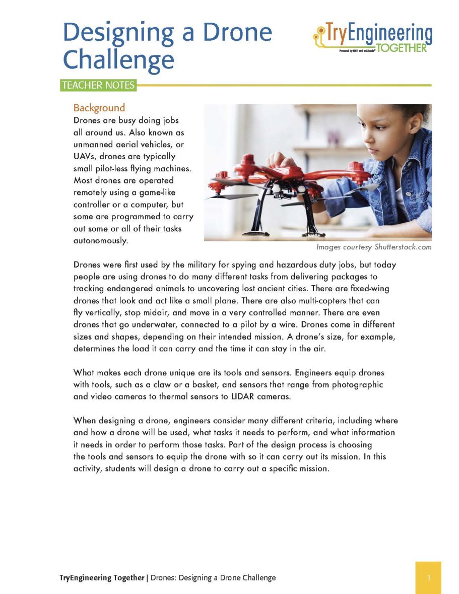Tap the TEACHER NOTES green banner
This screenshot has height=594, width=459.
pos(98,85)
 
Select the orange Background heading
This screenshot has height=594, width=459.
pos(99,108)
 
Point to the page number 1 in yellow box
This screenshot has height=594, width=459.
pos(428,578)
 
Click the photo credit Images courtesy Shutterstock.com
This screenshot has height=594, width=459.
pos(373,247)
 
